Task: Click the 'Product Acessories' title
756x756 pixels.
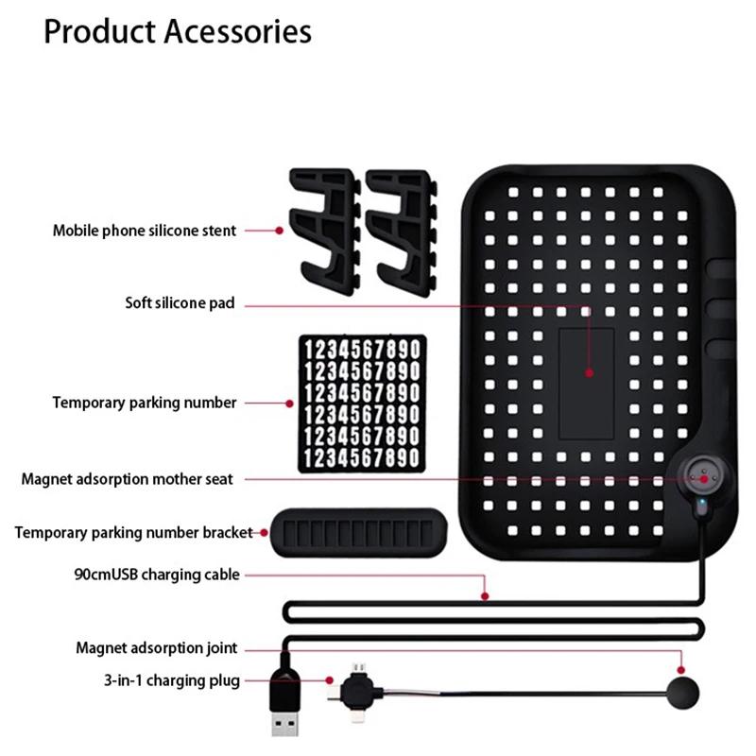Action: pyautogui.click(x=178, y=32)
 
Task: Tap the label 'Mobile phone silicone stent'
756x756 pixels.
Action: pyautogui.click(x=145, y=231)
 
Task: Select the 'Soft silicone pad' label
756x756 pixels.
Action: pyautogui.click(x=180, y=302)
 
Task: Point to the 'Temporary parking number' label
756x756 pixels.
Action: pyautogui.click(x=145, y=403)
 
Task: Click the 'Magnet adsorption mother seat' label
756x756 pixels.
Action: pyautogui.click(x=128, y=479)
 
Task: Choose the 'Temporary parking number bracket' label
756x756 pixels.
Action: pyautogui.click(x=133, y=532)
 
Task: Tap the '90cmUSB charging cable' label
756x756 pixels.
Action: pyautogui.click(x=157, y=575)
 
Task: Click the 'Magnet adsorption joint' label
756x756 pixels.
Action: pyautogui.click(x=157, y=648)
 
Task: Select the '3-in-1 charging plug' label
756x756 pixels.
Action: pyautogui.click(x=172, y=680)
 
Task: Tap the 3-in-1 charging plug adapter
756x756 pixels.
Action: pyautogui.click(x=356, y=693)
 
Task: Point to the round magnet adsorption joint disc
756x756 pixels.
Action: pyautogui.click(x=682, y=693)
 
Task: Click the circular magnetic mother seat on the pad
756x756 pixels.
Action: pyautogui.click(x=703, y=478)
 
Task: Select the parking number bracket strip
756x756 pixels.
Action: pyautogui.click(x=358, y=532)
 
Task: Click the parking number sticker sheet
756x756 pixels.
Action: pyautogui.click(x=362, y=404)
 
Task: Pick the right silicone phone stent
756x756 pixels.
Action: pyautogui.click(x=401, y=232)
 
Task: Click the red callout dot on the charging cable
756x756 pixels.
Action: pyautogui.click(x=485, y=596)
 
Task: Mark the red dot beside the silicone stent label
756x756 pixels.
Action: pyautogui.click(x=279, y=231)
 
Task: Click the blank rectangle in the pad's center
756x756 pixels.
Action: pyautogui.click(x=586, y=384)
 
